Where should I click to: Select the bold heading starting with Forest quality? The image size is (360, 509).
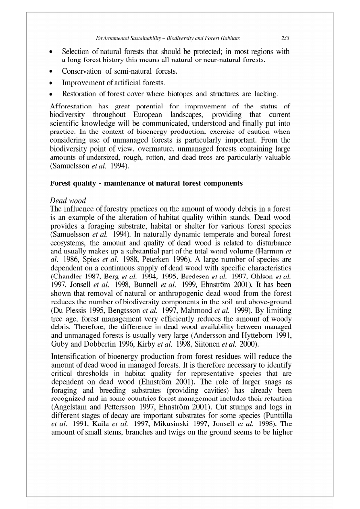click(146, 183)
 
